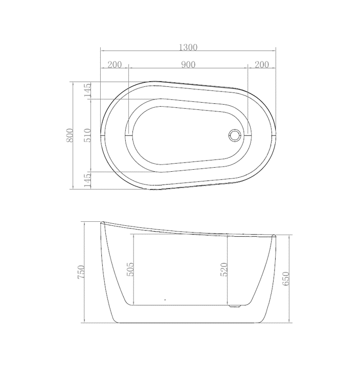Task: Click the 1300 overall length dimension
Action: (188, 47)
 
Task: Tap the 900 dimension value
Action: (188, 64)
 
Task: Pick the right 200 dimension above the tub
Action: (261, 64)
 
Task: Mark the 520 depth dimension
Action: (223, 269)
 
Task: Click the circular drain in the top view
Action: (235, 135)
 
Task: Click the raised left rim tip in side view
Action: (102, 222)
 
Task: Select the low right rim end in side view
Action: (274, 236)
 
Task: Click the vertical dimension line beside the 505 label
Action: (134, 269)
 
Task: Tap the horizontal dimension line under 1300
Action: (188, 51)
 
